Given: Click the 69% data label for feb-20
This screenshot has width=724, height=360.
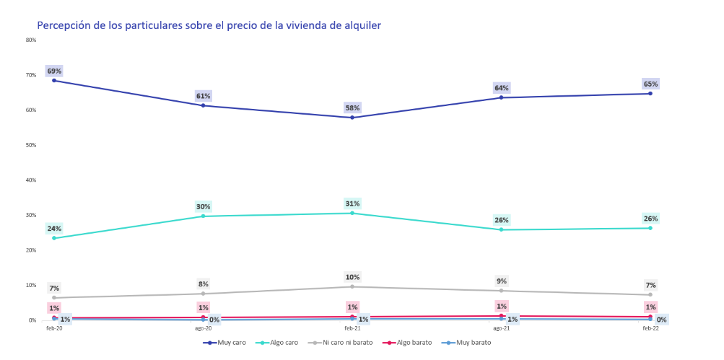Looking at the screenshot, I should tap(54, 71).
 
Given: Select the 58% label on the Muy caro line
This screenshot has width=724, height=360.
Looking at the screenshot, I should tap(352, 107).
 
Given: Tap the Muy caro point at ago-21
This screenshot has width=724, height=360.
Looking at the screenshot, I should tap(501, 97).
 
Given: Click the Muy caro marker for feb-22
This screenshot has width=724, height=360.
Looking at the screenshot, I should tap(650, 94).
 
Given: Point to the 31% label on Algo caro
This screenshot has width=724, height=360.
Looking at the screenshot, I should tap(352, 203).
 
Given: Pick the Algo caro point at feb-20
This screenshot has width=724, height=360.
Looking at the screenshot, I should tap(54, 238).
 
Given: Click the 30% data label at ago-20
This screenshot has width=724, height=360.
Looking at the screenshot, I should tap(204, 206).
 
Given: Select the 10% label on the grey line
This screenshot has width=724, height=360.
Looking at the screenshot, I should tap(352, 277).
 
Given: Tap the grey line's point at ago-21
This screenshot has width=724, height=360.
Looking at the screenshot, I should tap(501, 291).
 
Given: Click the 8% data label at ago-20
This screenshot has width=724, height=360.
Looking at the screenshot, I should tap(204, 284).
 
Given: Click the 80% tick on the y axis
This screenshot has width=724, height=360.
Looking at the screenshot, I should tap(31, 40).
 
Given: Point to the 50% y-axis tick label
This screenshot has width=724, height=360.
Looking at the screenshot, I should tap(31, 145).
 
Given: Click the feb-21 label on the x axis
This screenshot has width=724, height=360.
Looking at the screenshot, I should tap(352, 328).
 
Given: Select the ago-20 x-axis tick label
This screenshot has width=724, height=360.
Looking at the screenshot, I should tap(204, 328).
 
